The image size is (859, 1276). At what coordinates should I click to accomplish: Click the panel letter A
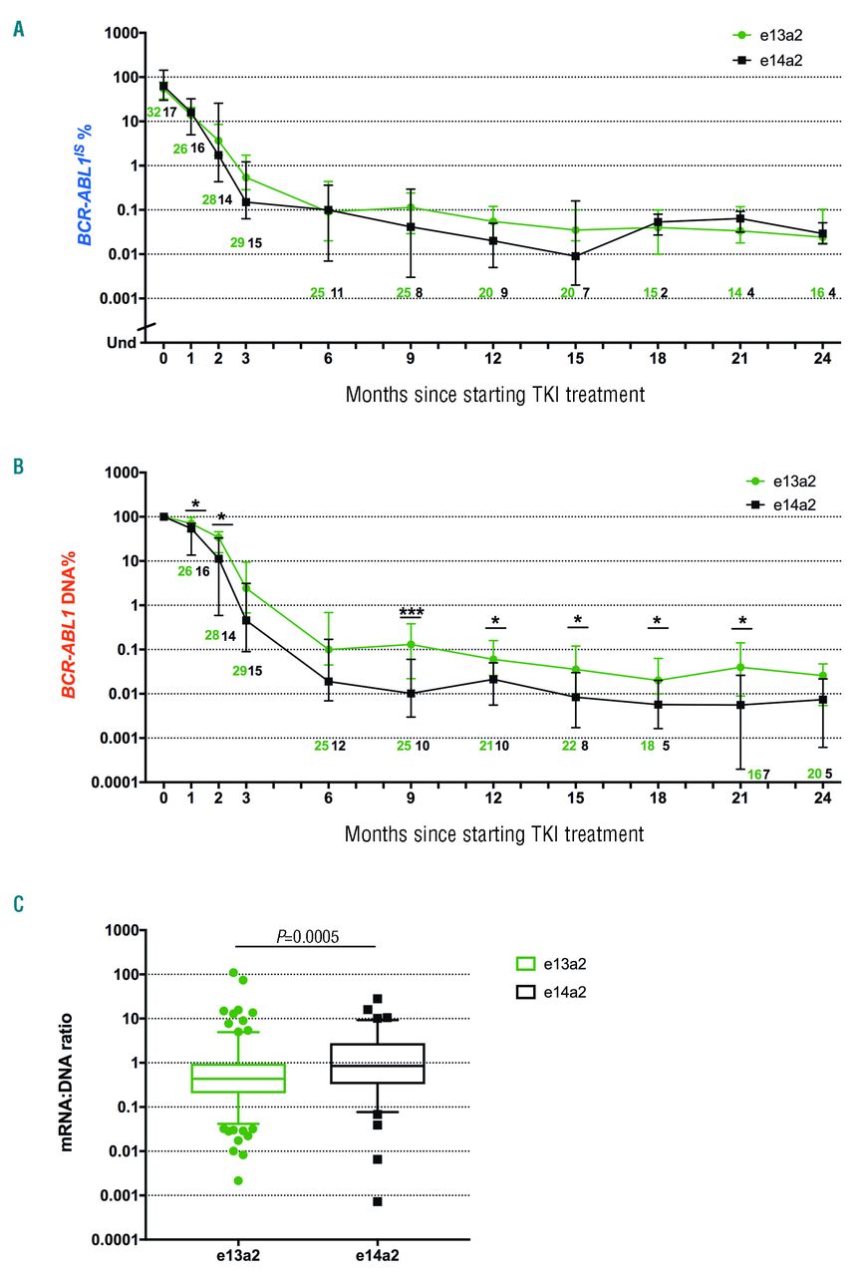18,30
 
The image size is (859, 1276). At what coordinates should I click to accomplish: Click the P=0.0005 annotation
304,936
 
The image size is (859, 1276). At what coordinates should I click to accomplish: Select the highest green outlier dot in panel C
234,973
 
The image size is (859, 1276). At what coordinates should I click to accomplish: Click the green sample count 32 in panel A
154,113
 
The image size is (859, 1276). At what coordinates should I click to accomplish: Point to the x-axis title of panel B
494,832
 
